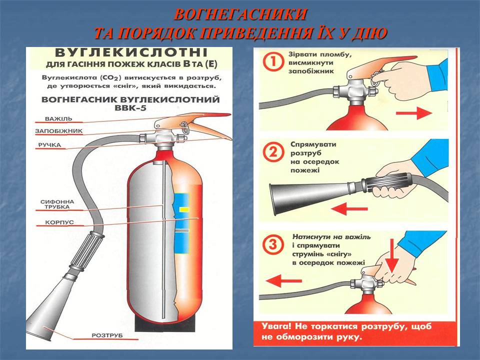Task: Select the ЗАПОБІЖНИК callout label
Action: coord(59,131)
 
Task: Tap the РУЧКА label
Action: coord(49,145)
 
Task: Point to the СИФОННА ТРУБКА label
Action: coord(57,204)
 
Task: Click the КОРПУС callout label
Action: coord(59,222)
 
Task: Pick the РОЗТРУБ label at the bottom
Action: coord(107,335)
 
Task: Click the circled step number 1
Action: coord(272,62)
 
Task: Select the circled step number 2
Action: coord(272,152)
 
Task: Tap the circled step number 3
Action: coord(272,244)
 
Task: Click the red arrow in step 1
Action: coord(413,113)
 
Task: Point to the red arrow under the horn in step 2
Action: coord(349,209)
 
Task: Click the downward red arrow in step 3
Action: coord(392,256)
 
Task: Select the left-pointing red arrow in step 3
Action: coord(284,280)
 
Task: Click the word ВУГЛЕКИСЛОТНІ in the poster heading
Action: coord(131,52)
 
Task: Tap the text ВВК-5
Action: coord(130,108)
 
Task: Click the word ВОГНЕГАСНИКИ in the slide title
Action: coord(240,14)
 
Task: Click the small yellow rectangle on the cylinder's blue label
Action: coord(184,209)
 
